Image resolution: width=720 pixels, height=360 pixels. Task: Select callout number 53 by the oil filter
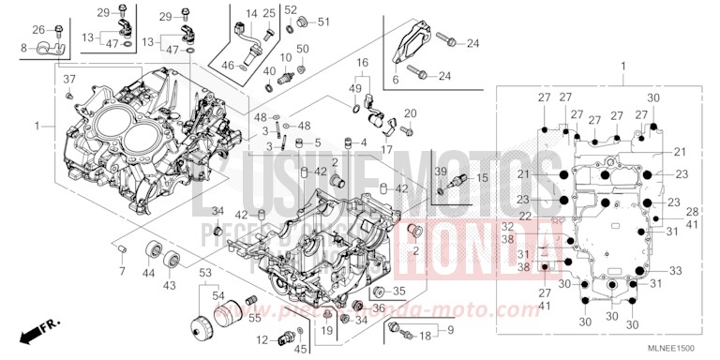pos(203,272)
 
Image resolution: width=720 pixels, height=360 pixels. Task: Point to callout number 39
pos(440,172)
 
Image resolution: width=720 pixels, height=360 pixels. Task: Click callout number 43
pos(171,284)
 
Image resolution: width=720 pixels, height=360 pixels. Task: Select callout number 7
pos(122,272)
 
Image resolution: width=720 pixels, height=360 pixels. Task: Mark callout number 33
pos(675,271)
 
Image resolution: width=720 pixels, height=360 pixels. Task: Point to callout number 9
pos(450,330)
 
